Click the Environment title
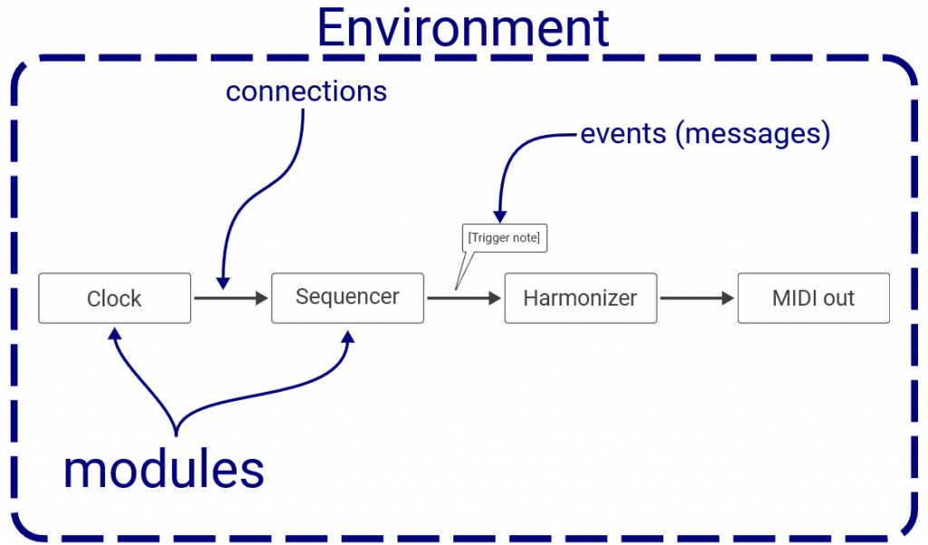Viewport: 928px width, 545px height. click(x=463, y=27)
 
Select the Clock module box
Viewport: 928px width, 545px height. click(x=115, y=298)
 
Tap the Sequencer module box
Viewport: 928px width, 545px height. click(x=347, y=298)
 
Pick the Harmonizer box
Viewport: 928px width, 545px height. click(x=581, y=298)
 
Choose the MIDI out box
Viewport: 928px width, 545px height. click(x=813, y=298)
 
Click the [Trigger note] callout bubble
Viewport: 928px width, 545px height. click(x=504, y=238)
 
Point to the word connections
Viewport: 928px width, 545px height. click(x=306, y=92)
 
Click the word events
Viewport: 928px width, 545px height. click(x=623, y=134)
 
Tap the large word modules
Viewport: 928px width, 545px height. click(x=164, y=470)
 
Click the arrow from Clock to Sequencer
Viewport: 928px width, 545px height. click(x=231, y=298)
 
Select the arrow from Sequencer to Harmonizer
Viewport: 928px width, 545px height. click(x=464, y=298)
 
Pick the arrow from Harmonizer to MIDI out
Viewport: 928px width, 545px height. click(x=697, y=298)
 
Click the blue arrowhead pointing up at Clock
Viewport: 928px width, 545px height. click(x=115, y=334)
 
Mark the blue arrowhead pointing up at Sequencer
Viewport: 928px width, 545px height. click(x=348, y=337)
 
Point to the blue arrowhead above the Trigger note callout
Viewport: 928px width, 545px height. click(x=500, y=216)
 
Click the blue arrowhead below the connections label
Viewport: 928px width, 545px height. click(x=223, y=283)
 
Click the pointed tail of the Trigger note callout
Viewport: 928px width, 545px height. click(x=456, y=289)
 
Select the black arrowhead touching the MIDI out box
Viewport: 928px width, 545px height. click(x=728, y=298)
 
